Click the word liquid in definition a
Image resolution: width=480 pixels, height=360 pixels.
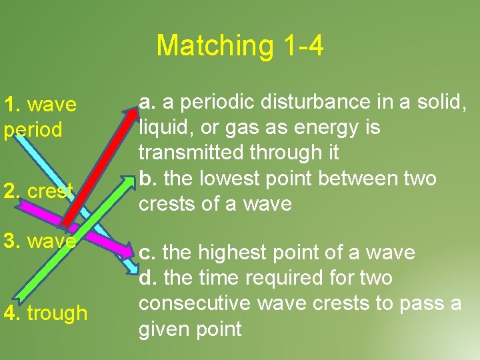point(159,127)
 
